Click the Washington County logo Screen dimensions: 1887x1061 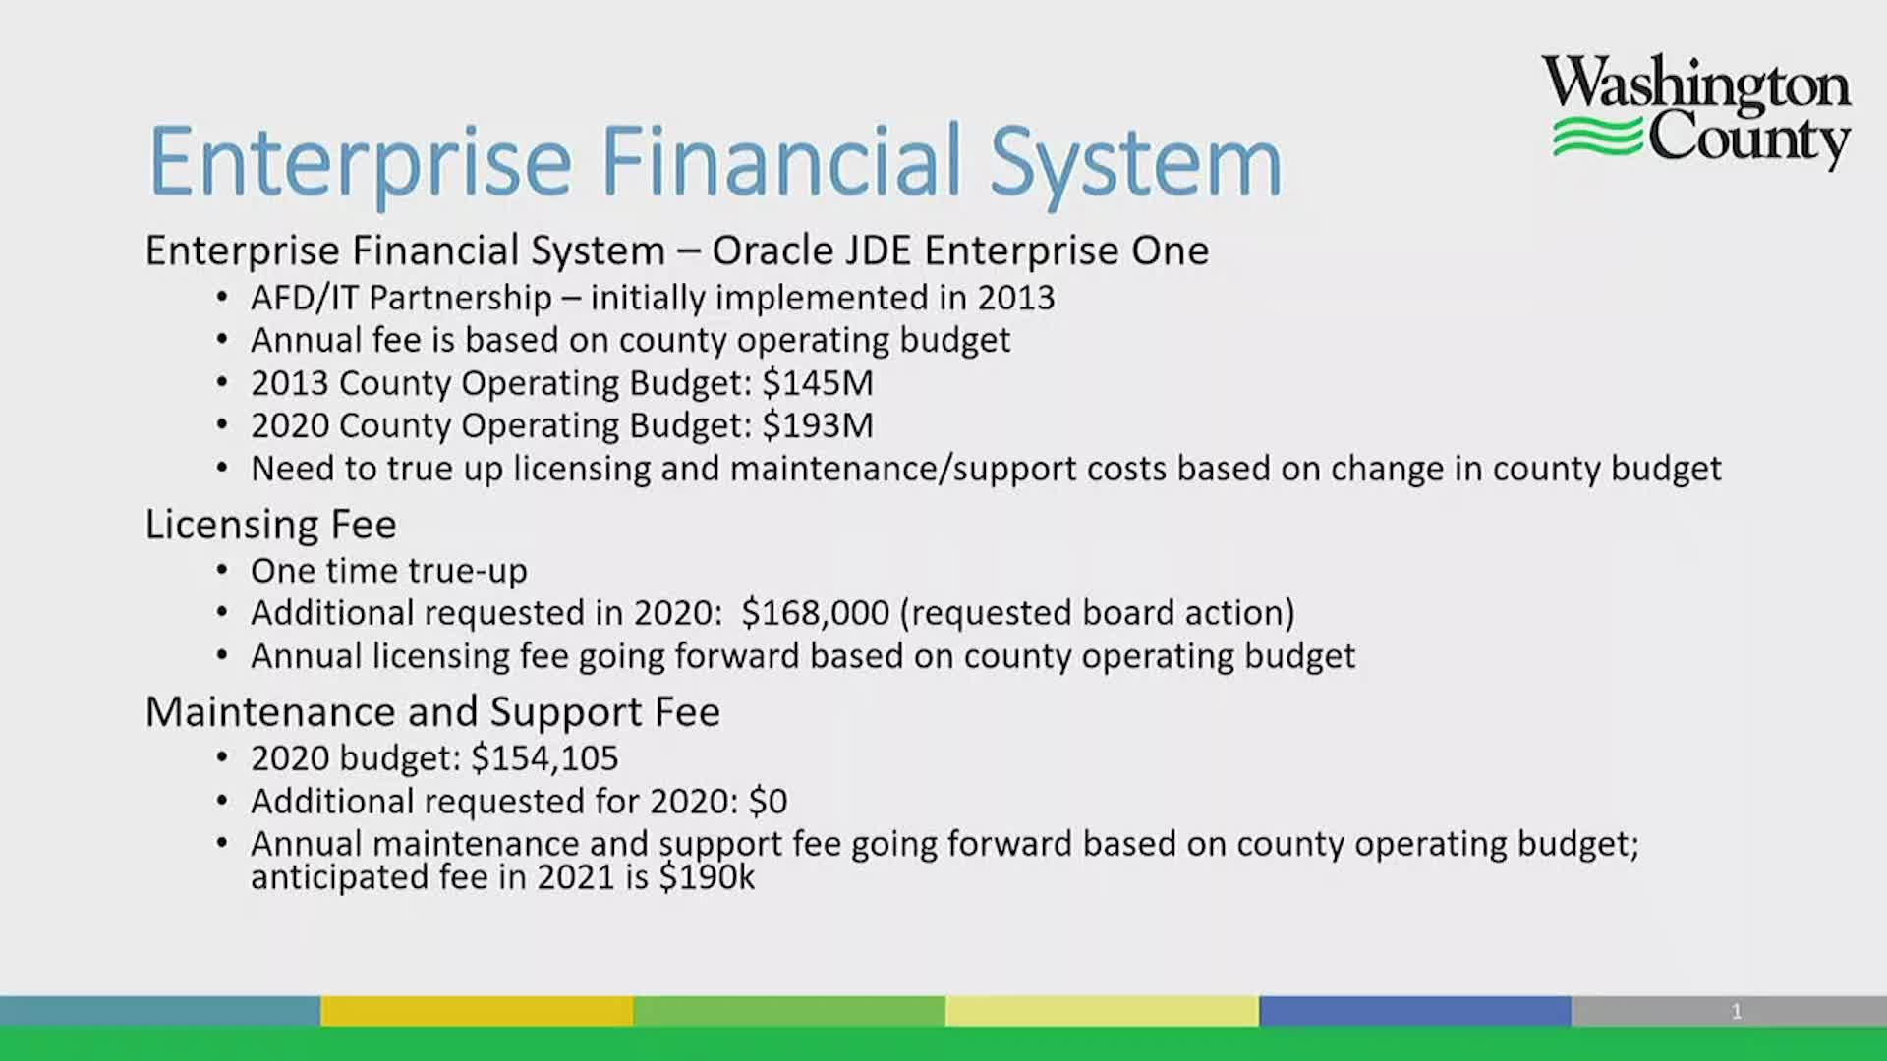1696,112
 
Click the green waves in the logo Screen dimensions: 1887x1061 1596,136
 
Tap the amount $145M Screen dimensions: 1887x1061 818,382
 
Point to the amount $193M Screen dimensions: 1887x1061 818,425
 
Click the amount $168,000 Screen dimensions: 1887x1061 816,613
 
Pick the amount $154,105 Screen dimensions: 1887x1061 544,758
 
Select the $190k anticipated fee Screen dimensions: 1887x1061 707,876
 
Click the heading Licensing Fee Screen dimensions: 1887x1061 270,525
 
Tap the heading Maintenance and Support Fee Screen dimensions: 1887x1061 432,711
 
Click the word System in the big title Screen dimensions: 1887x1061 1135,162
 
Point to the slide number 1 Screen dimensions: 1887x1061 1737,1011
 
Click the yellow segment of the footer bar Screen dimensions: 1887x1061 477,1011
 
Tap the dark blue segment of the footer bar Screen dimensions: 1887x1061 1415,1011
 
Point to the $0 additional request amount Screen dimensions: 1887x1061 768,802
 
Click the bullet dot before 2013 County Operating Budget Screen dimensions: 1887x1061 223,382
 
